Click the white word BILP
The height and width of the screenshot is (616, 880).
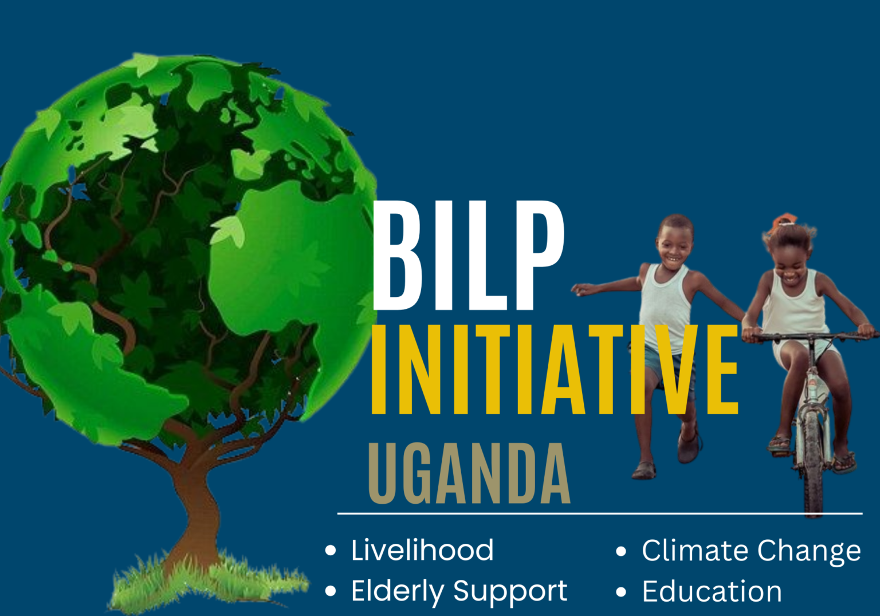click(467, 256)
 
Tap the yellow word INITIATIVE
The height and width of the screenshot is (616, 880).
click(555, 370)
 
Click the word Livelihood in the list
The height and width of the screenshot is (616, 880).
click(422, 551)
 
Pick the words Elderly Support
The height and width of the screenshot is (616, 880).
click(459, 591)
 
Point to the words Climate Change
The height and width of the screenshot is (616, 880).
click(751, 551)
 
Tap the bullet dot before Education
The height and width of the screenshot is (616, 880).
click(621, 593)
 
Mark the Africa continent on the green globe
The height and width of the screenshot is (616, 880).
click(281, 258)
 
